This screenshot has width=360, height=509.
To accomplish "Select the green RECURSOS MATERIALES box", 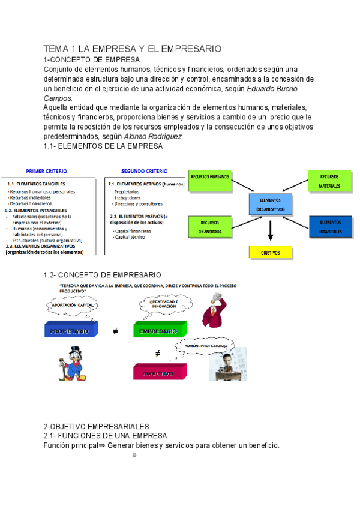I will coord(328,181).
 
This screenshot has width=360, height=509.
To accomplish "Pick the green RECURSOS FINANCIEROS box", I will coord(210,227).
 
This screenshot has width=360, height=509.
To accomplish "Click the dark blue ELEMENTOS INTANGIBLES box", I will coord(331,226).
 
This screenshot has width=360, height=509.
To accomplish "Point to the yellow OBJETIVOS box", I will coord(271,252).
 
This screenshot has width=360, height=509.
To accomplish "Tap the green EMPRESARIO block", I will coord(158,330).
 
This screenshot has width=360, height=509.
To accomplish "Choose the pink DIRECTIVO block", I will coord(158,372).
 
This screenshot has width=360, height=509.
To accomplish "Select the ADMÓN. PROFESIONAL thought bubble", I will coord(205,346).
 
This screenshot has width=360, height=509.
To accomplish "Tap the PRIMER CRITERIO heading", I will coord(46,171).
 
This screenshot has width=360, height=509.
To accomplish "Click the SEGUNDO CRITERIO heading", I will coord(144,171).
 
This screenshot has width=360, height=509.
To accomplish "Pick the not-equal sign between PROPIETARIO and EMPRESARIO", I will coord(115,331).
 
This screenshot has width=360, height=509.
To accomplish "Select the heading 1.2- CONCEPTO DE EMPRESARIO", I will coord(102,274).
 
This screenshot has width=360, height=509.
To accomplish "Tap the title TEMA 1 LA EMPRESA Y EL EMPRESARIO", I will coord(133,49).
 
